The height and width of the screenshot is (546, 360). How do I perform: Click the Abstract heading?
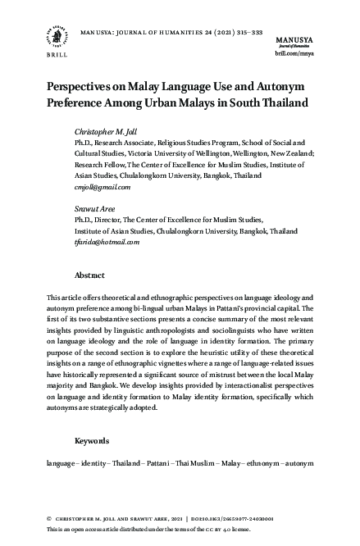coord(89,275)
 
